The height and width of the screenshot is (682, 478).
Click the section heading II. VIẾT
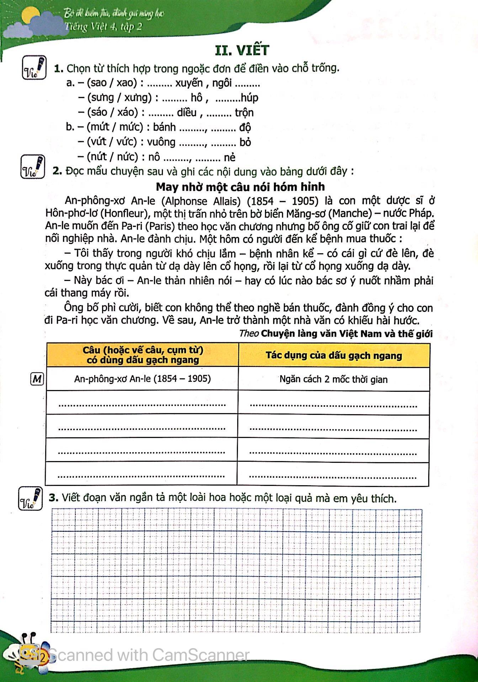pyautogui.click(x=243, y=50)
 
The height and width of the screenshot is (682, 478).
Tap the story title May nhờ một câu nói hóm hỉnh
pyautogui.click(x=240, y=186)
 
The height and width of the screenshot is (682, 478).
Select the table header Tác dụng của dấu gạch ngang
pyautogui.click(x=334, y=356)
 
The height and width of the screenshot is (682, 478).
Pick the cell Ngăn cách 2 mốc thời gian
pyautogui.click(x=333, y=379)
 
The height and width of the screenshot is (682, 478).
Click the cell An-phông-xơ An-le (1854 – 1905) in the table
pyautogui.click(x=142, y=379)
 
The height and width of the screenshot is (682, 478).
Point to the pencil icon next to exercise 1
pyautogui.click(x=34, y=67)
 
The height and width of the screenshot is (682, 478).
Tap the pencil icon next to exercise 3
pyautogui.click(x=31, y=499)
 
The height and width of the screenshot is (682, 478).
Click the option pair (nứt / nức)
pyautogui.click(x=112, y=157)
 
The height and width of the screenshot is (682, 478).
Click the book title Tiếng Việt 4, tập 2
pyautogui.click(x=103, y=27)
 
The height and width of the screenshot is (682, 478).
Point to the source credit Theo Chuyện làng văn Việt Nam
pyautogui.click(x=336, y=334)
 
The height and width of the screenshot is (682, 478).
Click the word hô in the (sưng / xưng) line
pyautogui.click(x=196, y=98)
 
